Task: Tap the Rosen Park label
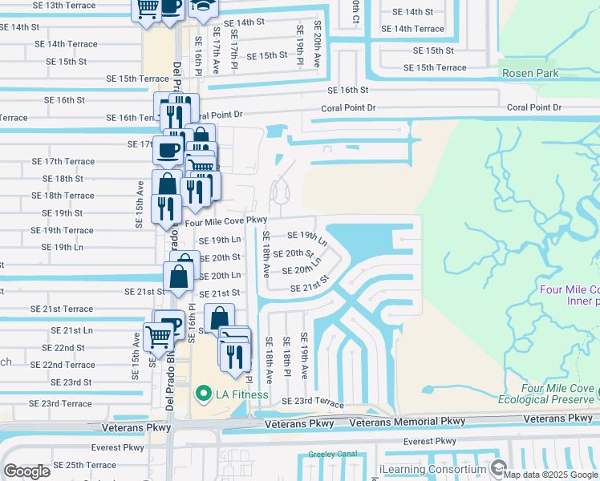click(530, 73)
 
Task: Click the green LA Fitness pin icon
click(203, 394)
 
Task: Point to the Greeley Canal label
click(330, 455)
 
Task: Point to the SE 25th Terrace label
click(84, 465)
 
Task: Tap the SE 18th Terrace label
click(63, 196)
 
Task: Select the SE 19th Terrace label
click(62, 230)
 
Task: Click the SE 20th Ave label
click(318, 45)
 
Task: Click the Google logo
click(26, 471)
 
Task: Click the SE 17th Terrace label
click(63, 161)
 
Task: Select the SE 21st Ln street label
click(71, 329)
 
